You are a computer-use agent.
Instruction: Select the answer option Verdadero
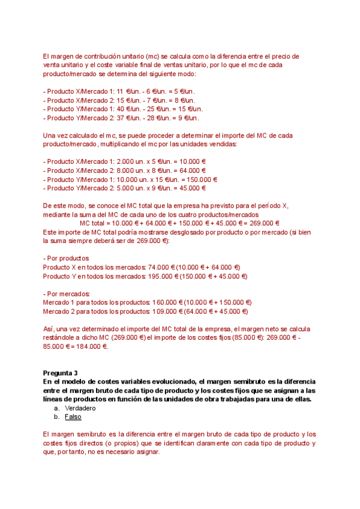coord(80,408)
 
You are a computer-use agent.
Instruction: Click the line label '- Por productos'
coord(67,259)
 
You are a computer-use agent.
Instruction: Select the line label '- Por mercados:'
coord(67,294)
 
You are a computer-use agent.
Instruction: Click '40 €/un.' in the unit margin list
coord(123,109)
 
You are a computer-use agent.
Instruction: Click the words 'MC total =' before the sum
coord(96,223)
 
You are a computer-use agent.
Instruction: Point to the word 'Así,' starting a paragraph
coord(50,329)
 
